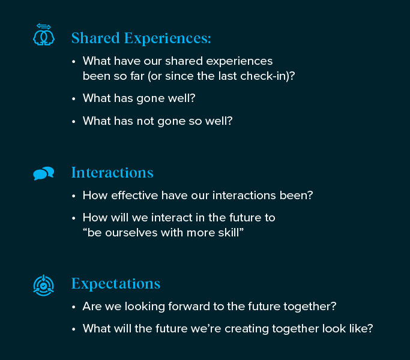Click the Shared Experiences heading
coord(141,38)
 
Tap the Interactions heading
coord(112,173)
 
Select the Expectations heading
coord(116,284)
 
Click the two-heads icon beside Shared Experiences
coord(44,35)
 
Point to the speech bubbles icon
coord(44,173)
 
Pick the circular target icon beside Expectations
coord(44,286)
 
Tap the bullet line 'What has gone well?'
coord(139,98)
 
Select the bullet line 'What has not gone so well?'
coord(158,121)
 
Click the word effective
coord(134,195)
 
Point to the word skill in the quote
coord(229,233)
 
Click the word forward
coord(188,307)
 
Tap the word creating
coord(247,329)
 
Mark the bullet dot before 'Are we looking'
coord(74,307)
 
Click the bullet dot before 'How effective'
coord(74,196)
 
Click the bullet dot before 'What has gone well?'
coord(74,99)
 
